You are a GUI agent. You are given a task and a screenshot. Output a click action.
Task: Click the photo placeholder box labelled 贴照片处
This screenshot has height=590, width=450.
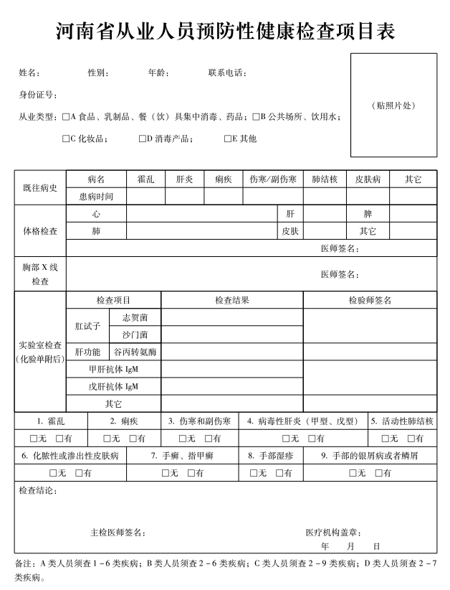(x=393, y=105)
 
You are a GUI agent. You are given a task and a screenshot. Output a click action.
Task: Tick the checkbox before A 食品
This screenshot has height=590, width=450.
(x=66, y=116)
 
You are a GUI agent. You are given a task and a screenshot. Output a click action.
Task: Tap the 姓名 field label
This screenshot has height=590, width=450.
(x=29, y=72)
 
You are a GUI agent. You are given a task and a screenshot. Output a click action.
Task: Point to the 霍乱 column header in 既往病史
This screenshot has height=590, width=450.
(x=145, y=179)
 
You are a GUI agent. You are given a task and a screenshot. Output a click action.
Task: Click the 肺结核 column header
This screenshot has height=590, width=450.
(x=325, y=179)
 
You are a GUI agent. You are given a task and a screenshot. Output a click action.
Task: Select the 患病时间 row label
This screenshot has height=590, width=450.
(x=96, y=196)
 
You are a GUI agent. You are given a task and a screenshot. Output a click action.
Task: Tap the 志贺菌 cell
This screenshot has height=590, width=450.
(x=135, y=317)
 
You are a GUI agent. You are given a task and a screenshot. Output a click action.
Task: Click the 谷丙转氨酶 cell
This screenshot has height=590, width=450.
(x=135, y=352)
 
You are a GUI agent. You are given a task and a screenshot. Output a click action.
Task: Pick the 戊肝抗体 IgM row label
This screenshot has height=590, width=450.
(x=113, y=386)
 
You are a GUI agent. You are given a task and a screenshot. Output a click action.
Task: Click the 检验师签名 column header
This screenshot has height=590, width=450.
(x=370, y=300)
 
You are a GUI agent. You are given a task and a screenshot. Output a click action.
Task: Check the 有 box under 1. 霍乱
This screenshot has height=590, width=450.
(x=59, y=439)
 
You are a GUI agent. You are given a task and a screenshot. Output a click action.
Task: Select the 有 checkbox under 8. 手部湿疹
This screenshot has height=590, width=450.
(x=277, y=473)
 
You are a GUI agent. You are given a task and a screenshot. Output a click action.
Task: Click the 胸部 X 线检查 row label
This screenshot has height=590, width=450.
(x=40, y=274)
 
